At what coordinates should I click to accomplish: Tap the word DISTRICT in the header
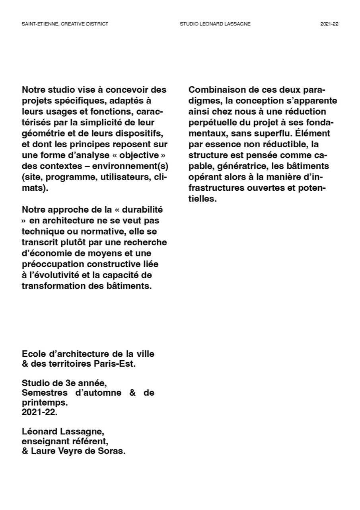point(97,24)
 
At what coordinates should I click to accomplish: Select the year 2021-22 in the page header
point(329,24)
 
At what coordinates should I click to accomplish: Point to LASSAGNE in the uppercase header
point(239,24)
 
